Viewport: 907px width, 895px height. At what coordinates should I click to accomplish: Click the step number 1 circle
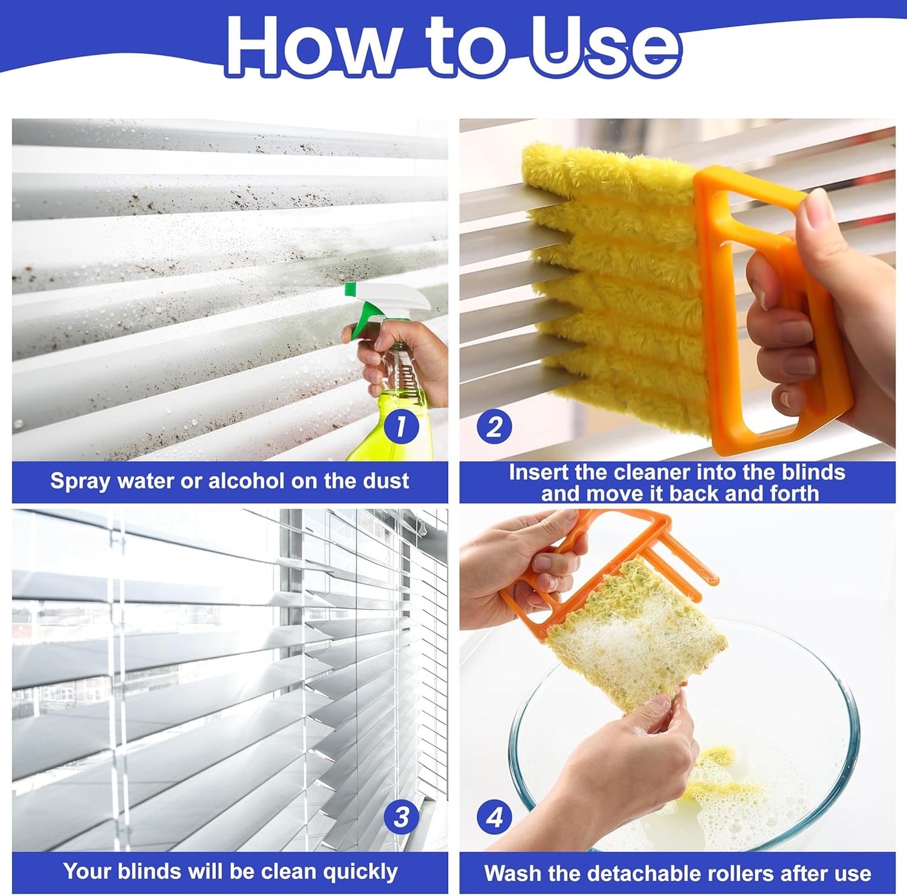pyautogui.click(x=400, y=427)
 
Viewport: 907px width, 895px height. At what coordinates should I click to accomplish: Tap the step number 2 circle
pyautogui.click(x=494, y=427)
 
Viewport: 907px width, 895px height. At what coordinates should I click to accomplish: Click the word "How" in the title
pyautogui.click(x=311, y=47)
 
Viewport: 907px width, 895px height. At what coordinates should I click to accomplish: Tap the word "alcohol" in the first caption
pyautogui.click(x=247, y=481)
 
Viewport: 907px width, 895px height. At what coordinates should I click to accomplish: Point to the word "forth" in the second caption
pyautogui.click(x=793, y=494)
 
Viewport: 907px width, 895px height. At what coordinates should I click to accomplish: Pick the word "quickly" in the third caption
pyautogui.click(x=360, y=872)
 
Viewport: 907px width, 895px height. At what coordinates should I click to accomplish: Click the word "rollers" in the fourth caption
pyautogui.click(x=731, y=873)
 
